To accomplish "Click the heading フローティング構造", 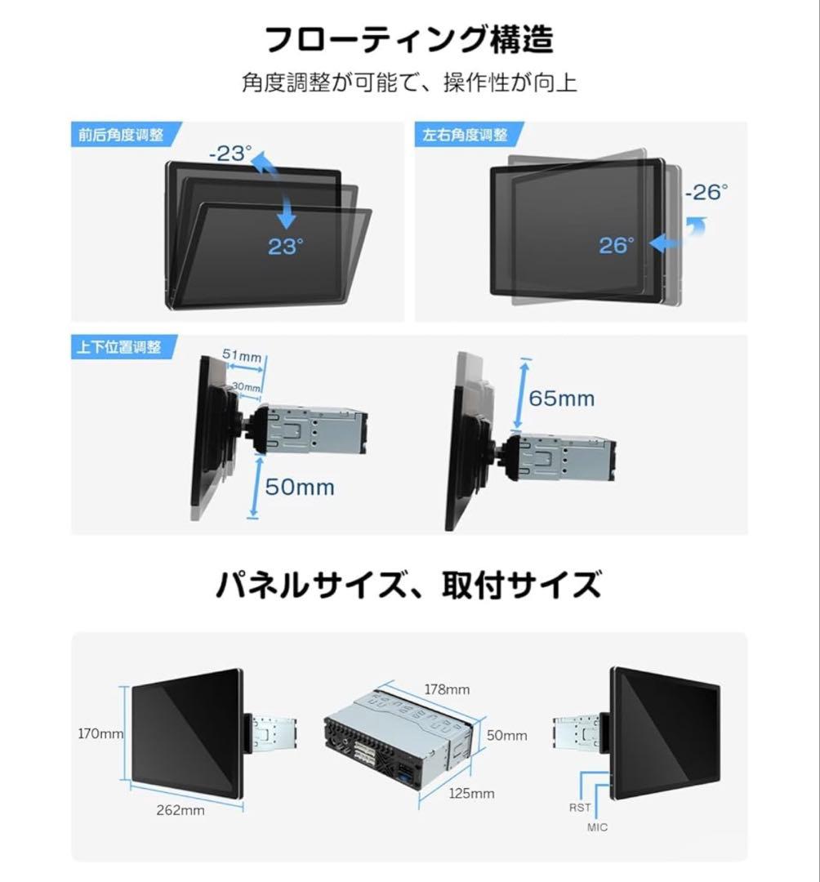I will coord(409,40).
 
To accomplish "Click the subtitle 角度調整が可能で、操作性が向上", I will coord(409,83).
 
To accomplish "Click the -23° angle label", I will coord(230,154).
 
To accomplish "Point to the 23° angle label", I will coord(285,247).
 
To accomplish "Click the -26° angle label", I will coord(706,193).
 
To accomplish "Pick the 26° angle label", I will coord(617,245).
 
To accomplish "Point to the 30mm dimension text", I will coord(246,386).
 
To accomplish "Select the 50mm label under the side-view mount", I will coord(300,488).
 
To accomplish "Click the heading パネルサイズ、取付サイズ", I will coord(409,585).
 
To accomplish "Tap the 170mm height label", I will coord(100,733).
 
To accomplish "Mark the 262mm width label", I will coord(180,810).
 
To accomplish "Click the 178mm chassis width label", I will coord(446,688).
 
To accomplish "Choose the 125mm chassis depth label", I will coord(471,793).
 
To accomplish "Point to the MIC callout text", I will coord(597,827).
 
